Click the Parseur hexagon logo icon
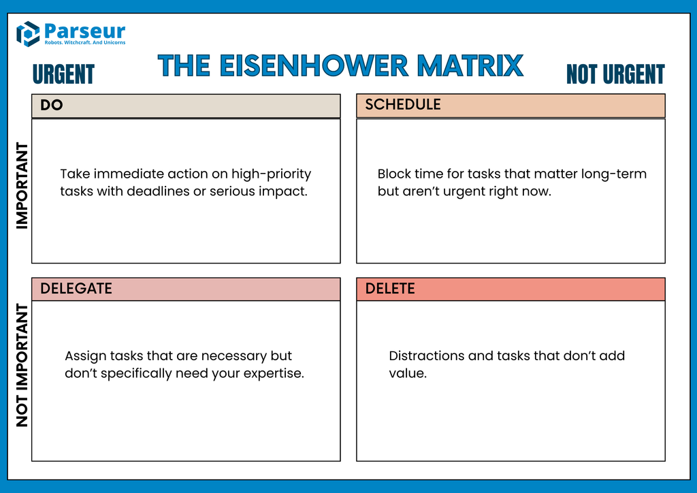(28, 33)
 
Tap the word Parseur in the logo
(84, 30)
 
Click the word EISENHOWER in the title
(314, 66)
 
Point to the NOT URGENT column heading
(615, 74)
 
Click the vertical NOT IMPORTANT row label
(22, 366)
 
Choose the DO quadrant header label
(52, 105)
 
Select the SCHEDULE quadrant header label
(403, 104)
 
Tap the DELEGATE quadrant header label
(76, 288)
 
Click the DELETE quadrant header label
(390, 288)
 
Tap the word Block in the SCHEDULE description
(394, 174)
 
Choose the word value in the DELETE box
(407, 373)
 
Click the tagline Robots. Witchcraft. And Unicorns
(84, 43)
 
